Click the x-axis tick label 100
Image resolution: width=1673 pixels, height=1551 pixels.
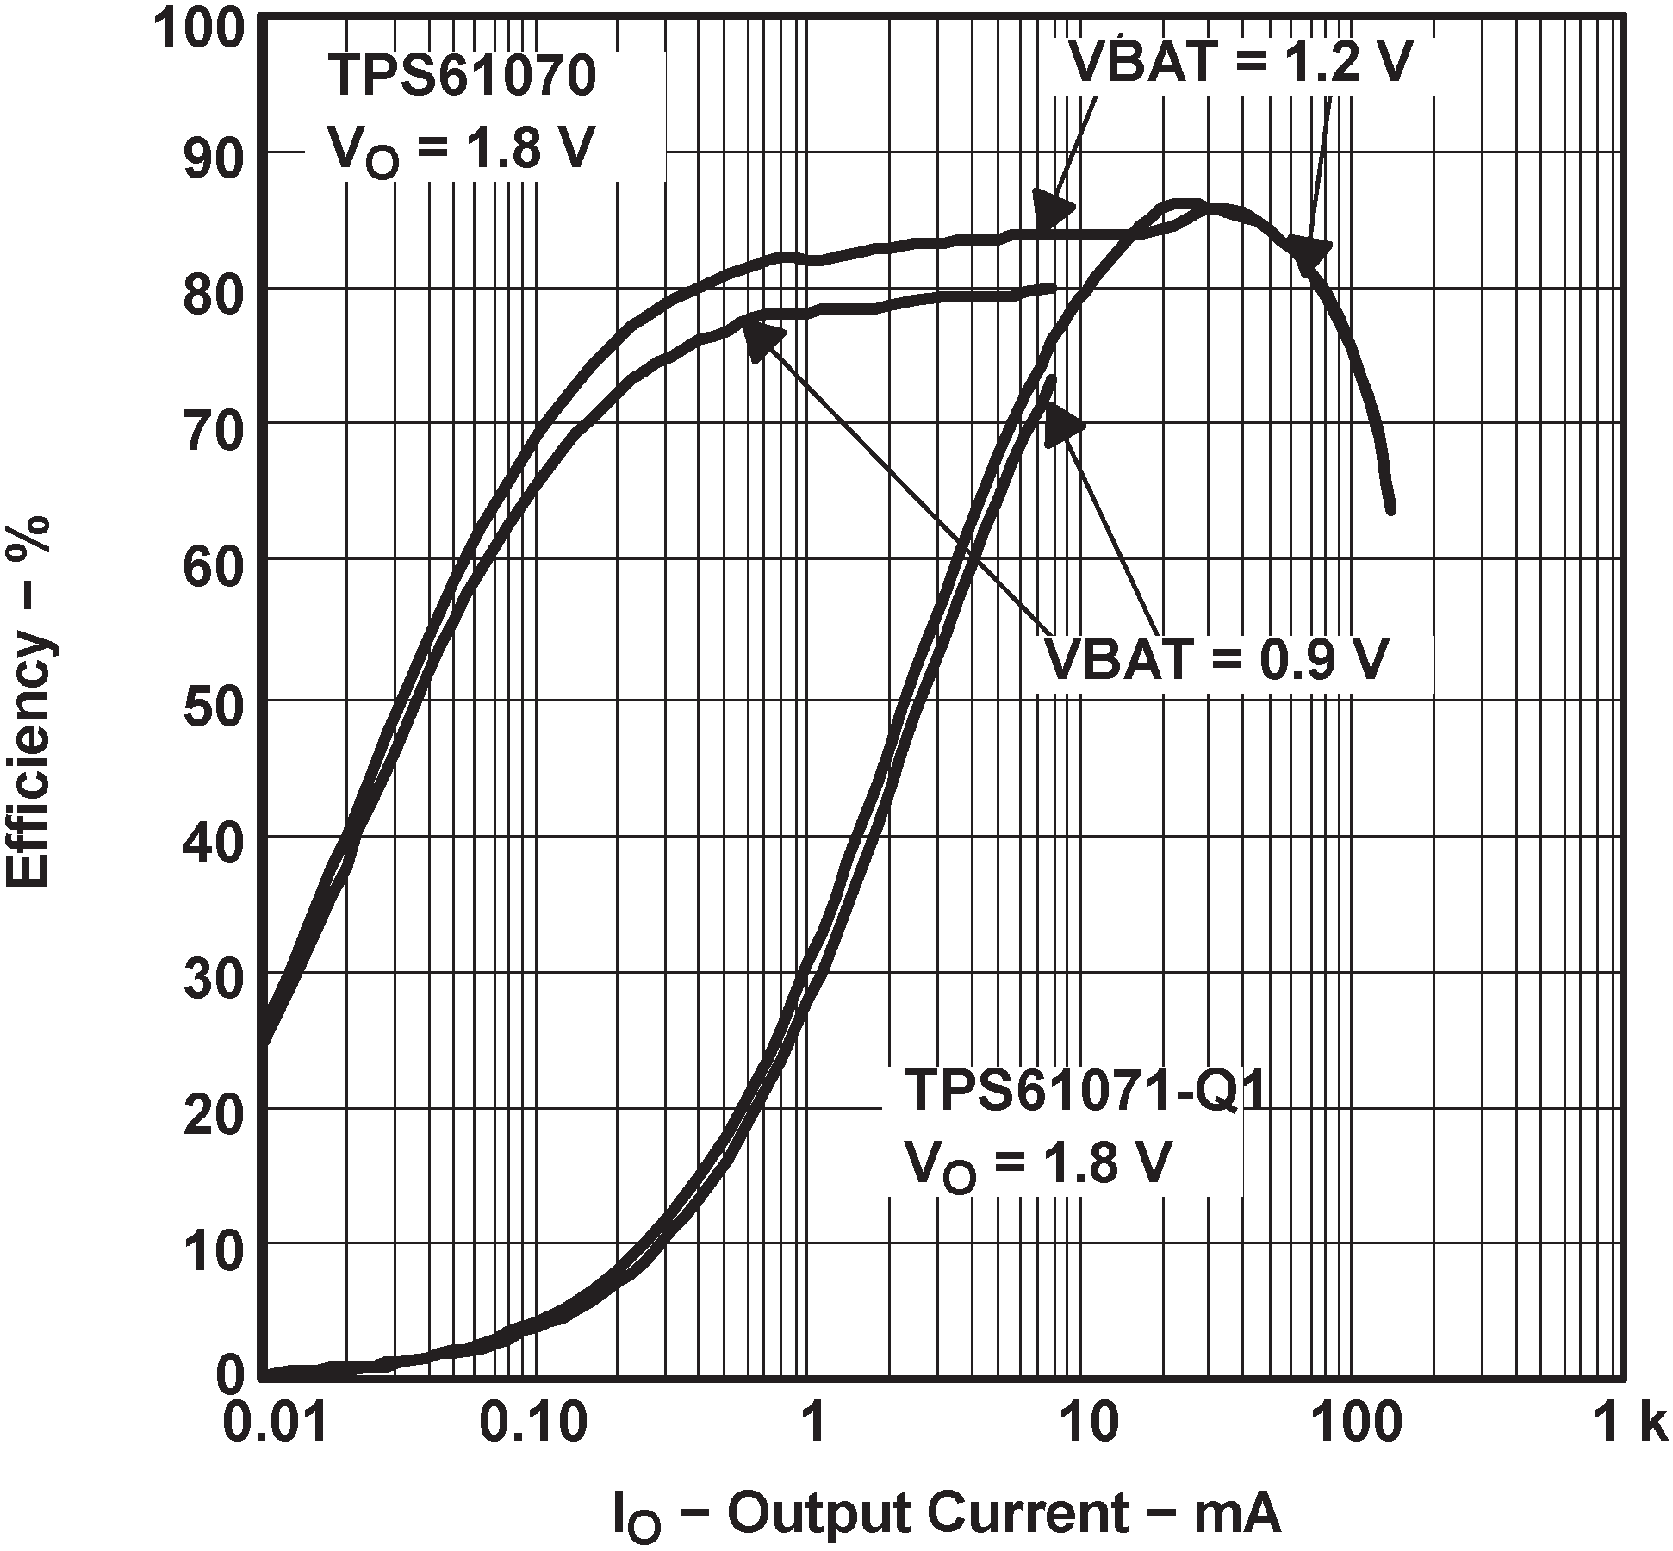[x=1349, y=1425]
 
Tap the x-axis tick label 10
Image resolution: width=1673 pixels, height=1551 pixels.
[x=1079, y=1425]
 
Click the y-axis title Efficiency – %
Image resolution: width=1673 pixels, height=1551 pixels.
[x=29, y=701]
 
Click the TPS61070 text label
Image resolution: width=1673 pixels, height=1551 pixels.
[x=461, y=76]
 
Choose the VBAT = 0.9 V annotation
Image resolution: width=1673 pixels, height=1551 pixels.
[x=1216, y=660]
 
